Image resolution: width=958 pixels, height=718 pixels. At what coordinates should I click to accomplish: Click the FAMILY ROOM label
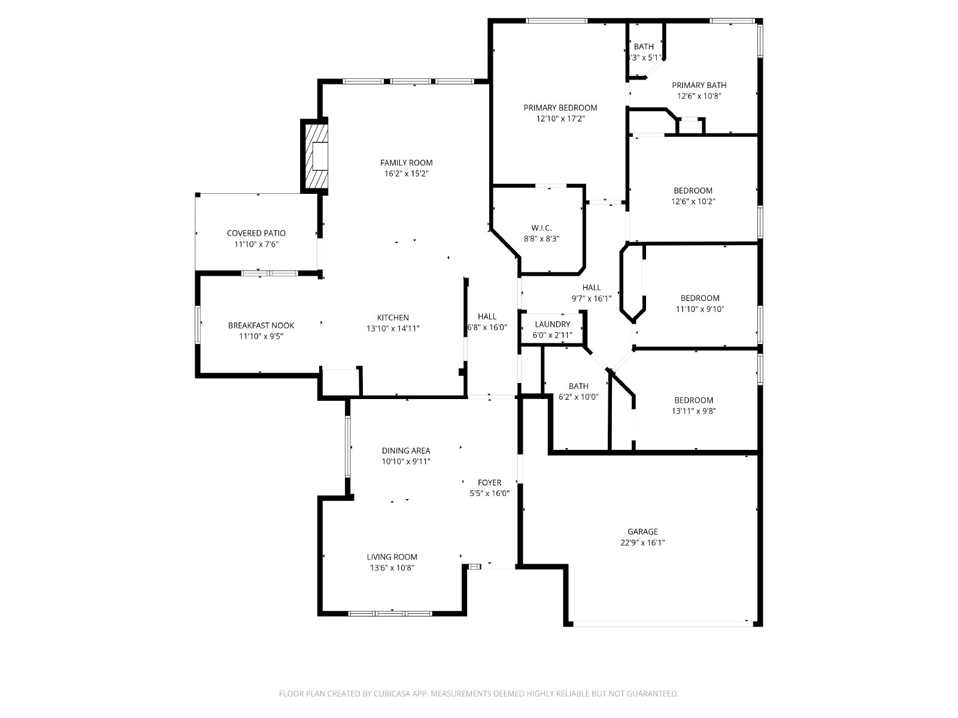click(x=406, y=163)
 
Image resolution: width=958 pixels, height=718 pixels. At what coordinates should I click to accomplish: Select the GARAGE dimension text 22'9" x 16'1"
click(x=642, y=543)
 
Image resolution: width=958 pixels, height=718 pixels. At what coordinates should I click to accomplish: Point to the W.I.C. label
click(x=541, y=227)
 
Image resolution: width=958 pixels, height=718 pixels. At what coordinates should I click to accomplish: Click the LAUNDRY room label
click(x=553, y=324)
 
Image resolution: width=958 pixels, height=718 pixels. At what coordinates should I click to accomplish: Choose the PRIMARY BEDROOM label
click(x=560, y=108)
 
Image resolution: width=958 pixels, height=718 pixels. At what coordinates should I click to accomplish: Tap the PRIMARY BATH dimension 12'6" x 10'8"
click(x=699, y=96)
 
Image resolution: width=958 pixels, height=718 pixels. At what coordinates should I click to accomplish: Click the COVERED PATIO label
click(x=256, y=233)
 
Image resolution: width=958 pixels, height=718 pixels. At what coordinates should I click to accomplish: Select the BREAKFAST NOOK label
click(x=261, y=325)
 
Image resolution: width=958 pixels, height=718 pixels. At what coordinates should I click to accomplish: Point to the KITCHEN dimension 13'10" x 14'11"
click(x=393, y=328)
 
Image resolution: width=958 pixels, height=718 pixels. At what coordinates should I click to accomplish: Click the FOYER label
click(x=489, y=483)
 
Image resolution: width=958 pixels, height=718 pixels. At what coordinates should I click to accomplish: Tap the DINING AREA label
click(x=406, y=451)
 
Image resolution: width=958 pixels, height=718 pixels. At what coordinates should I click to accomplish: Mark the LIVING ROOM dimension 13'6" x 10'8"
click(x=392, y=568)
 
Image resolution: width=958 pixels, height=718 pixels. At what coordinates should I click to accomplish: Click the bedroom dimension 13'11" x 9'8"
click(x=693, y=410)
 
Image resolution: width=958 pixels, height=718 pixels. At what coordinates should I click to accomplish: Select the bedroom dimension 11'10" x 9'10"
click(x=699, y=309)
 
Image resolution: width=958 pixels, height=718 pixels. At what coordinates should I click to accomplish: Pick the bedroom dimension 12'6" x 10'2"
click(x=693, y=202)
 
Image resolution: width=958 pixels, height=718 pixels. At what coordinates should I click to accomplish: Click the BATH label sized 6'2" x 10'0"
click(x=578, y=386)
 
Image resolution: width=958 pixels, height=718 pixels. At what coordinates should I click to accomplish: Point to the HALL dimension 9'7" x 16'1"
click(x=592, y=299)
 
